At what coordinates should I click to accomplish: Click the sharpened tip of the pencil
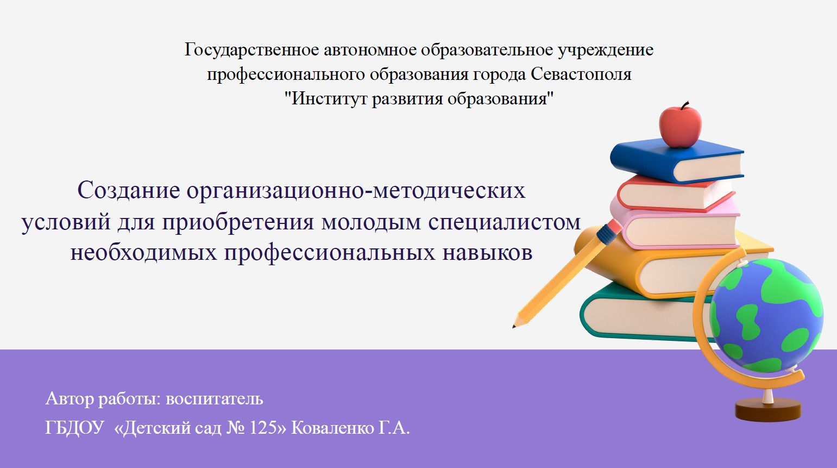click(514, 327)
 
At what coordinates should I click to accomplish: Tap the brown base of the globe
click(768, 410)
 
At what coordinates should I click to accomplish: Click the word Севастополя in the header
click(581, 74)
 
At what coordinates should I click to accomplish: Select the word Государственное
click(251, 50)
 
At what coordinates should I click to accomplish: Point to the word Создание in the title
click(129, 190)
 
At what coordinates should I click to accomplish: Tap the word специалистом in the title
click(505, 223)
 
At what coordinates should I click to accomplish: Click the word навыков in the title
click(487, 252)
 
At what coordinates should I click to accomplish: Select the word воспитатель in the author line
click(215, 399)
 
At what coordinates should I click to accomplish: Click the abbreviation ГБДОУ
click(74, 428)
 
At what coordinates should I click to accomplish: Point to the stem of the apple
click(684, 105)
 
